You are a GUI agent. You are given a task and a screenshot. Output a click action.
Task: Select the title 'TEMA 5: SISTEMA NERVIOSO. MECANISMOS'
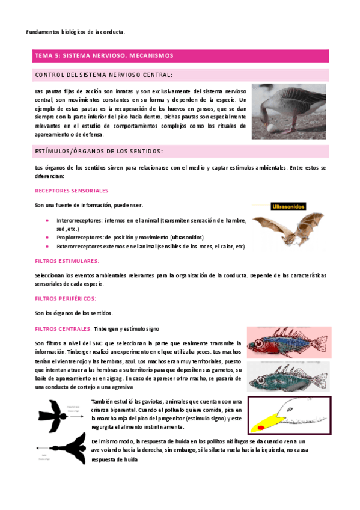pyautogui.click(x=103, y=55)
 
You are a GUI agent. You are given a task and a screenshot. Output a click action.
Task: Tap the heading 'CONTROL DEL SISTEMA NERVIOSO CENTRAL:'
pyautogui.click(x=104, y=75)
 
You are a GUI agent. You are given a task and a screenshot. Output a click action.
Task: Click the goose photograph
pyautogui.click(x=288, y=112)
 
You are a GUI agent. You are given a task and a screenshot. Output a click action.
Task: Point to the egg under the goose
pyautogui.click(x=258, y=131)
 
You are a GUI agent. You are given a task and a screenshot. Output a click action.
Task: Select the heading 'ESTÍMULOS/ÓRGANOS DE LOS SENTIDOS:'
pyautogui.click(x=99, y=151)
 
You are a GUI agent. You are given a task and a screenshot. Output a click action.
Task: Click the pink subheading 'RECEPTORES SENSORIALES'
pyautogui.click(x=72, y=190)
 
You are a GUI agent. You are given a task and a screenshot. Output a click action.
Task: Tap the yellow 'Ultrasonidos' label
pyautogui.click(x=289, y=206)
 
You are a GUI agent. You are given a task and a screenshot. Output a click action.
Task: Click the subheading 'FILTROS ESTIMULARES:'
pyautogui.click(x=67, y=261)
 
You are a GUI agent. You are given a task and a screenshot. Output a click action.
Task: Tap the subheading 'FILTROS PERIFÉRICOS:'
pyautogui.click(x=66, y=299)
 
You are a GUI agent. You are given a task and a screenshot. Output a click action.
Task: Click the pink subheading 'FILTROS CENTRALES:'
pyautogui.click(x=63, y=329)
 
